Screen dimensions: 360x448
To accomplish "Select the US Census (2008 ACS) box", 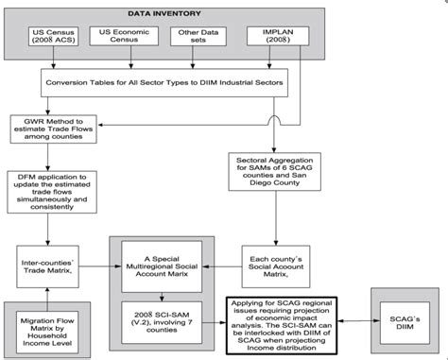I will click(54, 40).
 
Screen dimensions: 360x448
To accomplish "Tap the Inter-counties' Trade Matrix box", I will click(48, 261).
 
